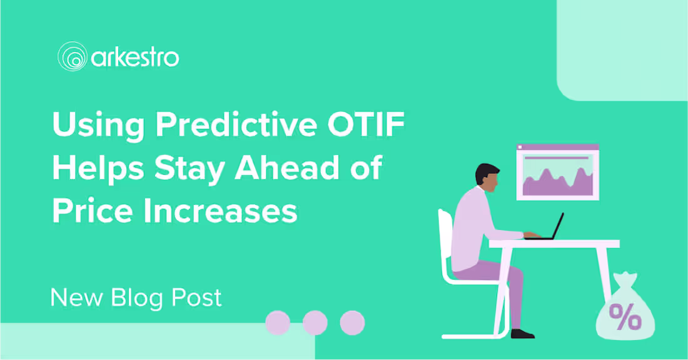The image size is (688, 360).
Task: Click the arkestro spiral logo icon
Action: (x=73, y=57)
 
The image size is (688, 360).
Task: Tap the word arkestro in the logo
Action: (x=135, y=58)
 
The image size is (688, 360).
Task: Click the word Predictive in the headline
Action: (x=236, y=125)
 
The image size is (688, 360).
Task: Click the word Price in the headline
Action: (x=93, y=211)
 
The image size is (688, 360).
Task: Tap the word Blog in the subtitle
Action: (x=137, y=299)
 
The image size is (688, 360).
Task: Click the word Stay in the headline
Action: (x=190, y=169)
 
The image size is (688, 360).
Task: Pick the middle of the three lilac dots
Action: (x=315, y=322)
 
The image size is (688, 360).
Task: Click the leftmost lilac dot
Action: (x=278, y=322)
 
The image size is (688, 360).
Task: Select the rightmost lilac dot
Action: (x=352, y=322)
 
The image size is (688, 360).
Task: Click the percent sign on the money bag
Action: (x=625, y=317)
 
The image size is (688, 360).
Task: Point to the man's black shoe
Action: (x=523, y=334)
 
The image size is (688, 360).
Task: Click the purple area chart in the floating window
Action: (x=558, y=182)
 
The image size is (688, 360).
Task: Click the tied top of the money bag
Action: (x=625, y=279)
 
